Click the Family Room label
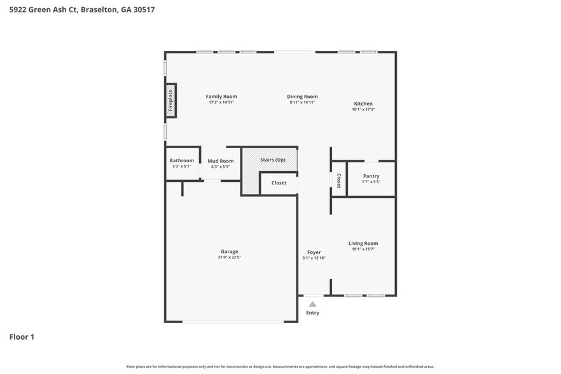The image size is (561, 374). (x=221, y=97)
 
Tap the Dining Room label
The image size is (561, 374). (x=302, y=97)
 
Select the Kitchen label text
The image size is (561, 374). (x=363, y=104)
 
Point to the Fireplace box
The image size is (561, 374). (x=170, y=100)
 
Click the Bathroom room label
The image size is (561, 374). (x=181, y=160)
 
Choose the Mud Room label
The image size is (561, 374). (x=220, y=161)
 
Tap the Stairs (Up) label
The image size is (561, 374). (x=273, y=160)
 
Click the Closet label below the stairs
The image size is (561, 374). (x=279, y=183)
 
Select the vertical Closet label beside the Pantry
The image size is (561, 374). (x=339, y=181)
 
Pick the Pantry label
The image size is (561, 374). (x=371, y=176)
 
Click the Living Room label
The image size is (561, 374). (x=363, y=243)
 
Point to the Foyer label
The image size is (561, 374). (x=314, y=252)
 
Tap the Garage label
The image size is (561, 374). (x=229, y=251)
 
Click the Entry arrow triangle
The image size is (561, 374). (x=312, y=304)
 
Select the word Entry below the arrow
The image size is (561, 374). (x=312, y=313)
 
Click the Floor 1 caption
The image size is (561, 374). (x=22, y=336)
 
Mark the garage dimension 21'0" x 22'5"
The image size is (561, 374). (x=229, y=258)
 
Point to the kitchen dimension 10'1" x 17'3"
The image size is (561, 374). (x=363, y=109)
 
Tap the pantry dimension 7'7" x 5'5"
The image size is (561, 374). (x=371, y=182)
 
